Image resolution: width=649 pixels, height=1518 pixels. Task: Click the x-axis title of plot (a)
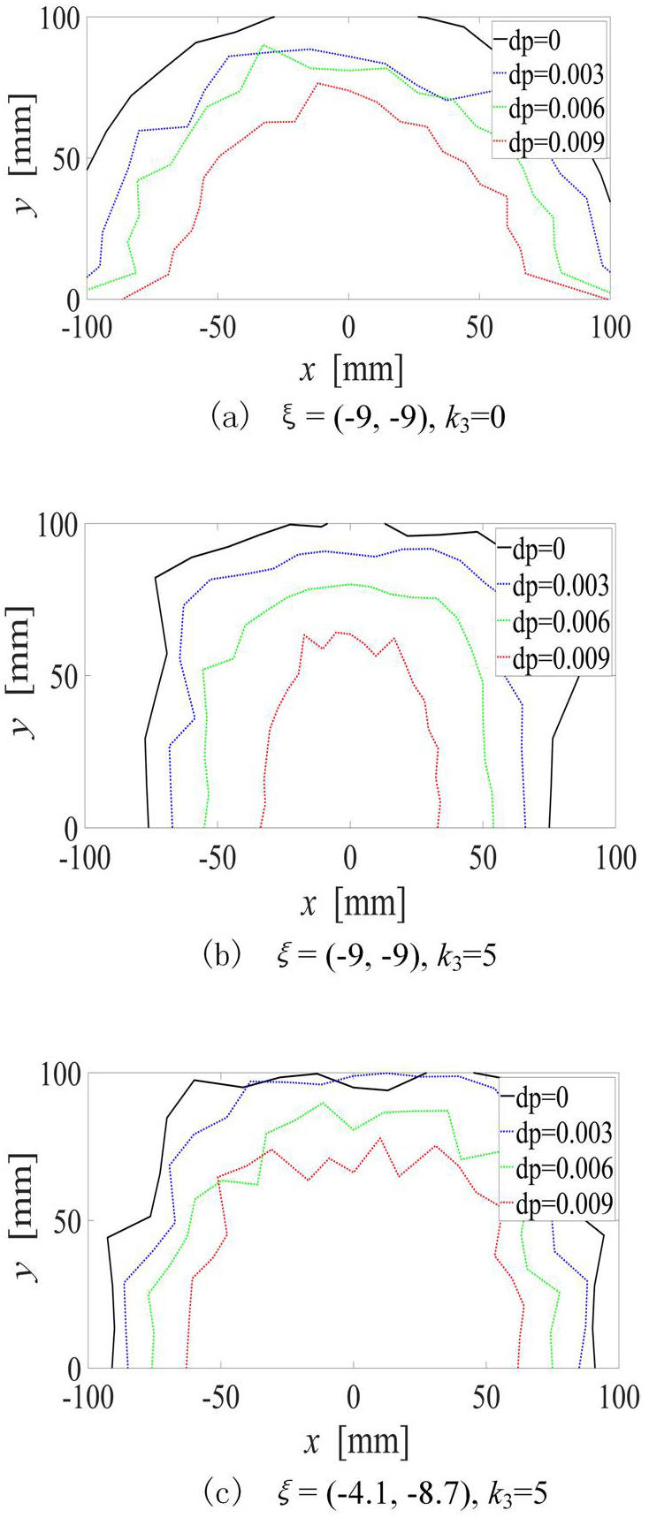click(351, 370)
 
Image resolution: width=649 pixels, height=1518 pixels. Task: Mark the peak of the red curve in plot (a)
click(318, 83)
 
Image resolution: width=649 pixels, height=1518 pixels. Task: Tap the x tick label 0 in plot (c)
click(354, 1397)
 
